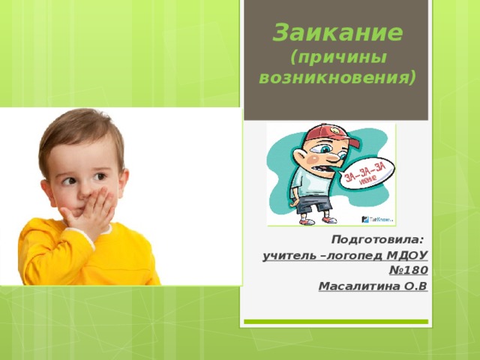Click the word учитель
click(289, 256)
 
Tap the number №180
click(409, 271)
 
